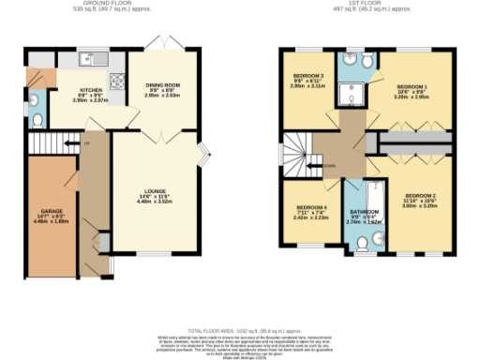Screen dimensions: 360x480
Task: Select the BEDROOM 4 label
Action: [312, 209]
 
